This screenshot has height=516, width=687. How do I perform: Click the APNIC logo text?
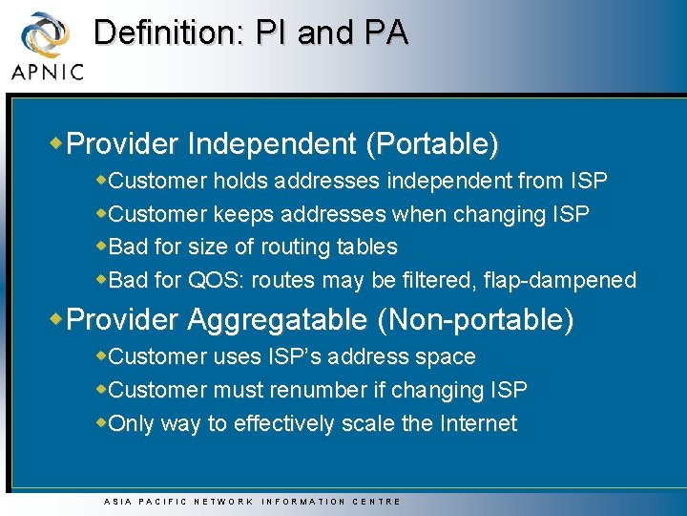click(x=47, y=71)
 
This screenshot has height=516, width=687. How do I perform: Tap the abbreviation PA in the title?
click(x=385, y=32)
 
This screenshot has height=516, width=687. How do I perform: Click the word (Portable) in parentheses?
click(x=432, y=144)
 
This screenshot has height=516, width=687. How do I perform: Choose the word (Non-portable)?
click(x=476, y=320)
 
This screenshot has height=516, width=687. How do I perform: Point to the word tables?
click(x=366, y=247)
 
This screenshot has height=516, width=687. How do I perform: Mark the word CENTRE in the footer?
click(x=377, y=502)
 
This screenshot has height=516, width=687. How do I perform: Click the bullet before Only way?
click(x=102, y=422)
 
